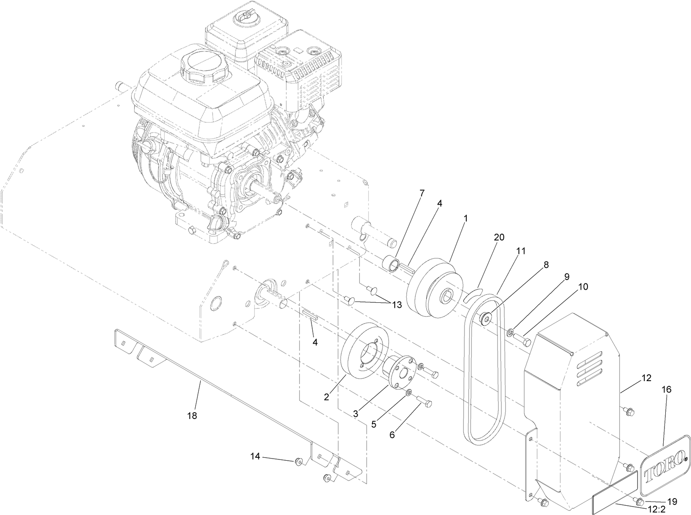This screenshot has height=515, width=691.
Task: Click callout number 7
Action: pyautogui.click(x=422, y=193)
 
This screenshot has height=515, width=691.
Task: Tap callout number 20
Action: pyautogui.click(x=499, y=237)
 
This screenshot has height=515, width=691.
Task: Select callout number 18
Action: pyautogui.click(x=192, y=416)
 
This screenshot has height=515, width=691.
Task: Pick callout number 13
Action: pyautogui.click(x=397, y=305)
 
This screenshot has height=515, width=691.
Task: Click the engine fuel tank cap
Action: pyautogui.click(x=202, y=68)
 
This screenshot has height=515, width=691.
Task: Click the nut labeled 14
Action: pyautogui.click(x=298, y=462)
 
